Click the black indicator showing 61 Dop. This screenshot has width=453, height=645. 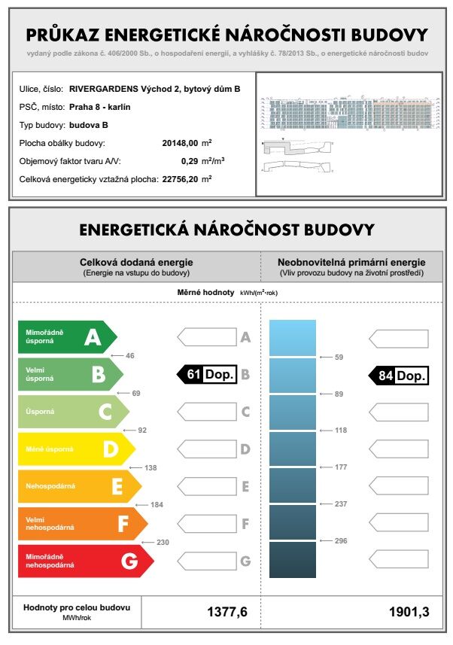click(206, 374)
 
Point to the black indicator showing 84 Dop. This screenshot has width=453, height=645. click(399, 374)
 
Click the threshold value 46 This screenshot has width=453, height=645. click(129, 354)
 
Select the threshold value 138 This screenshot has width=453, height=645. click(150, 467)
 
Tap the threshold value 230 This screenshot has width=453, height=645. click(163, 542)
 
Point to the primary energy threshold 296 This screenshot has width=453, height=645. click(340, 541)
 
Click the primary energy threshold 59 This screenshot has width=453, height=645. click(339, 357)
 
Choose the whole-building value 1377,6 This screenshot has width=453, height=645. click(227, 612)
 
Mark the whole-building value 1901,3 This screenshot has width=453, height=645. click(410, 612)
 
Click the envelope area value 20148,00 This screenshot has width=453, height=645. click(180, 143)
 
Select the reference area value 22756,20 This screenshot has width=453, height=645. click(180, 179)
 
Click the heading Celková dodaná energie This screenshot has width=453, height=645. click(136, 262)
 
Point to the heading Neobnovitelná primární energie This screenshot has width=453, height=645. click(351, 262)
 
